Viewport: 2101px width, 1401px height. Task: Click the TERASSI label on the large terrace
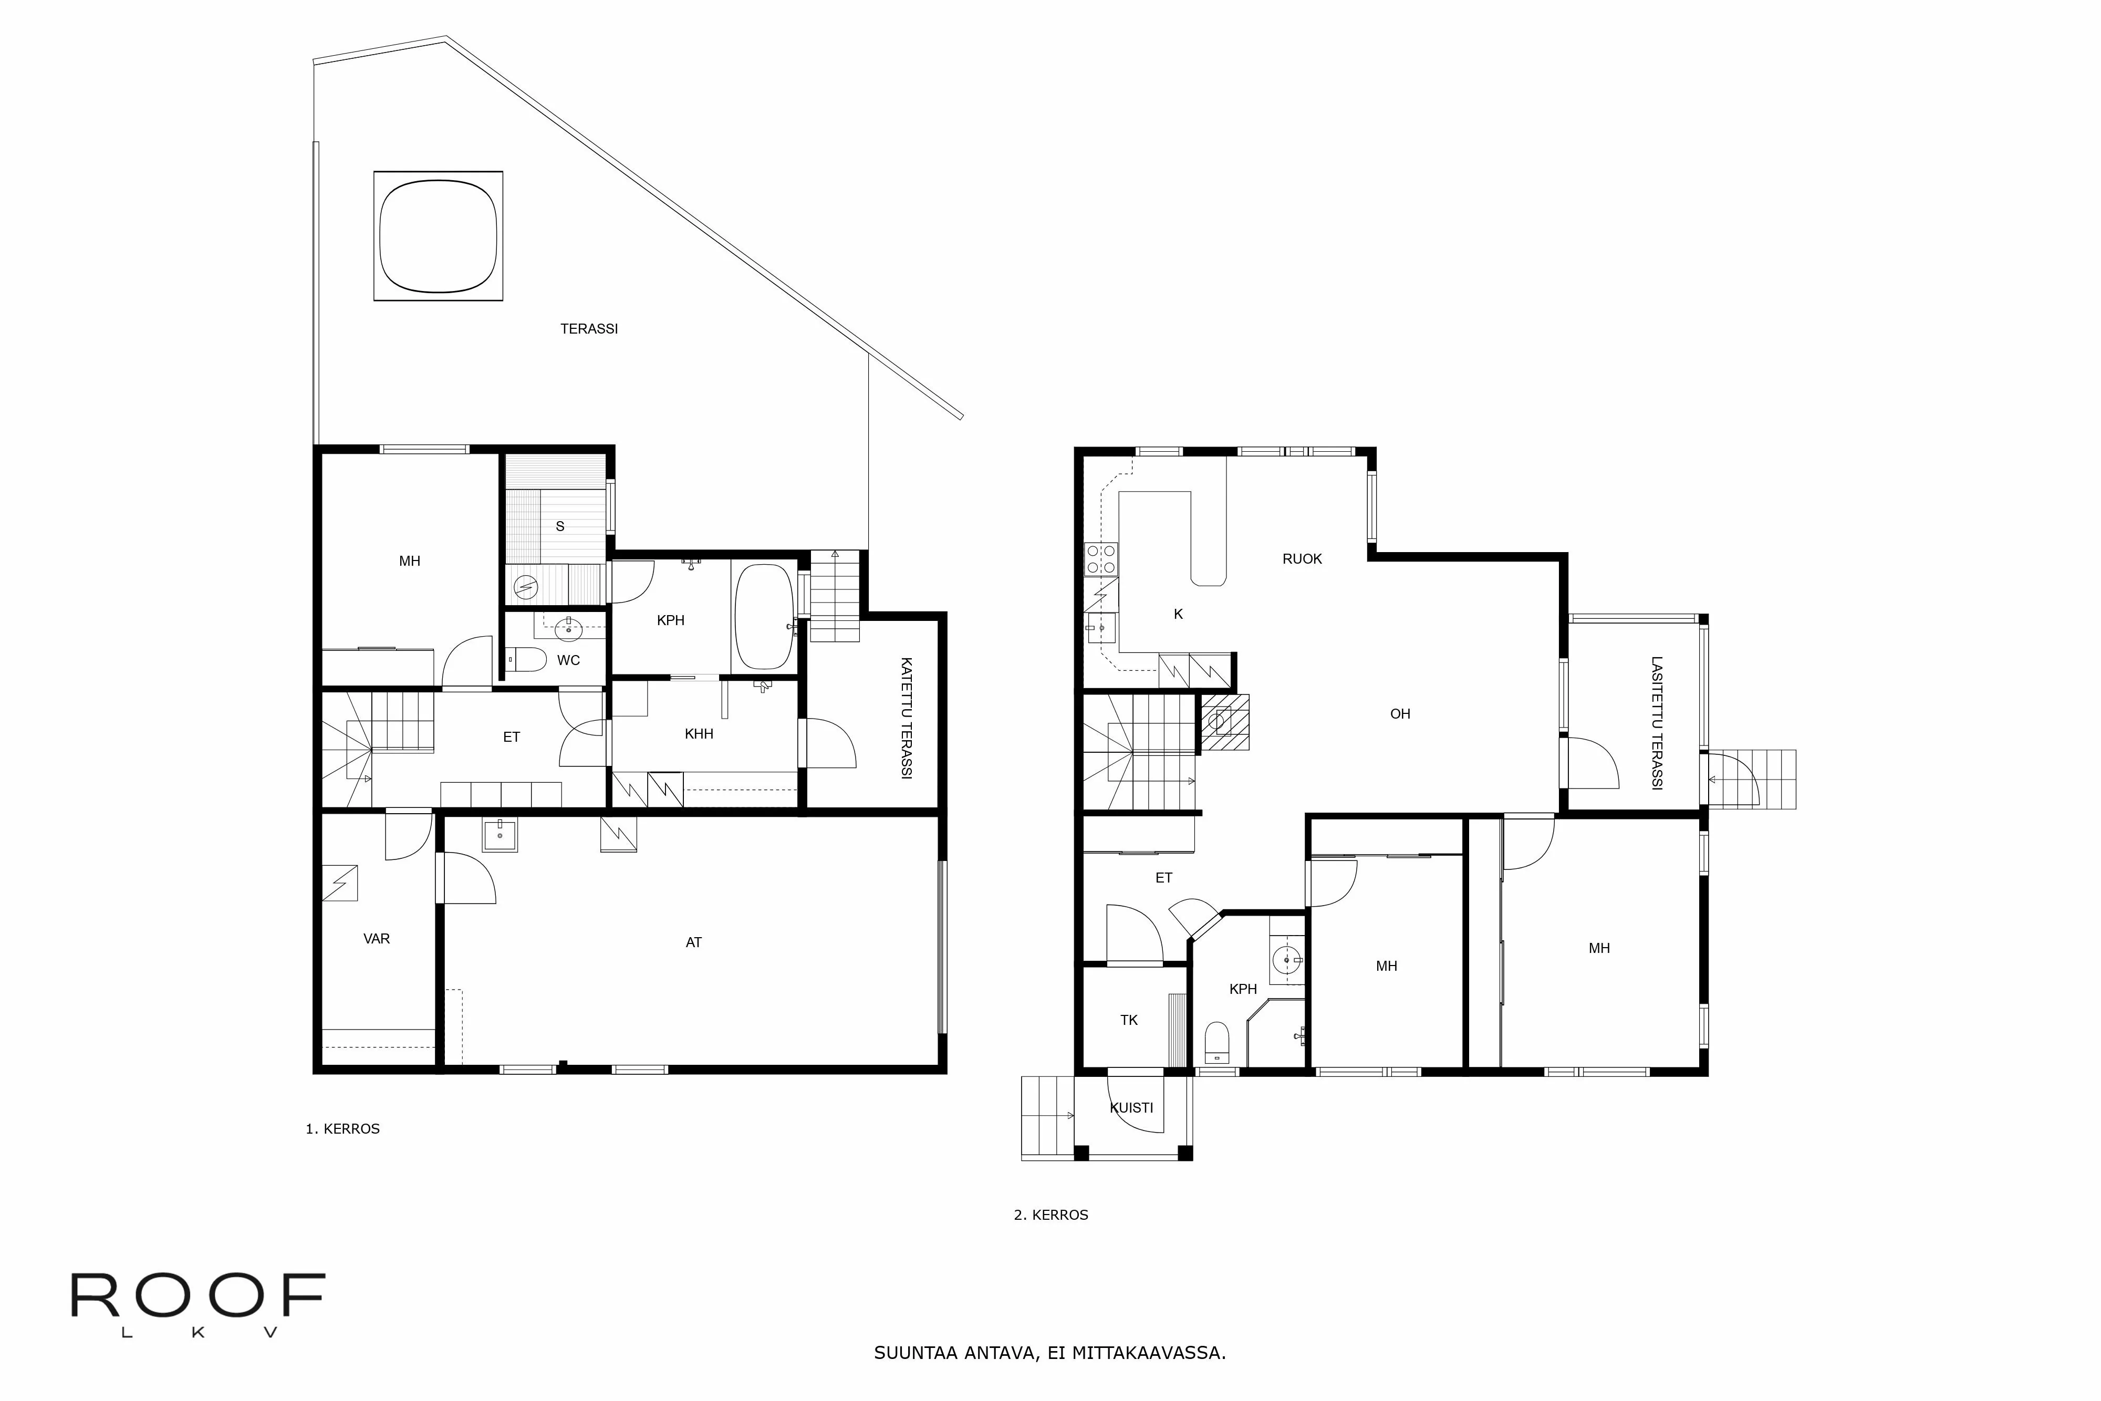(x=589, y=329)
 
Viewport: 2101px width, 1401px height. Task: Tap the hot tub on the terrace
(x=438, y=236)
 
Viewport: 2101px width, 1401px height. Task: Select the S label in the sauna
(x=560, y=526)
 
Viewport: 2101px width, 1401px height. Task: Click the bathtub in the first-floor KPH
(x=763, y=617)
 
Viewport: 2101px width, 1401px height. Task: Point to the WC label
(x=568, y=660)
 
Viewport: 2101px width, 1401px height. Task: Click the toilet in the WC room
(x=527, y=660)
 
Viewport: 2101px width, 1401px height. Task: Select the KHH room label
(x=699, y=733)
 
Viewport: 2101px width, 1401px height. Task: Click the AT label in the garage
(x=693, y=942)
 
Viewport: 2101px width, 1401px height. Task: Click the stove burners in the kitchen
(x=1100, y=558)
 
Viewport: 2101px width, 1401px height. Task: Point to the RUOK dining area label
(x=1302, y=558)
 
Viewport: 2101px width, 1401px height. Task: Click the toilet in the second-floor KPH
(x=1216, y=1042)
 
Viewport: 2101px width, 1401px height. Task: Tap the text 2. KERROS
(x=1050, y=1215)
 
